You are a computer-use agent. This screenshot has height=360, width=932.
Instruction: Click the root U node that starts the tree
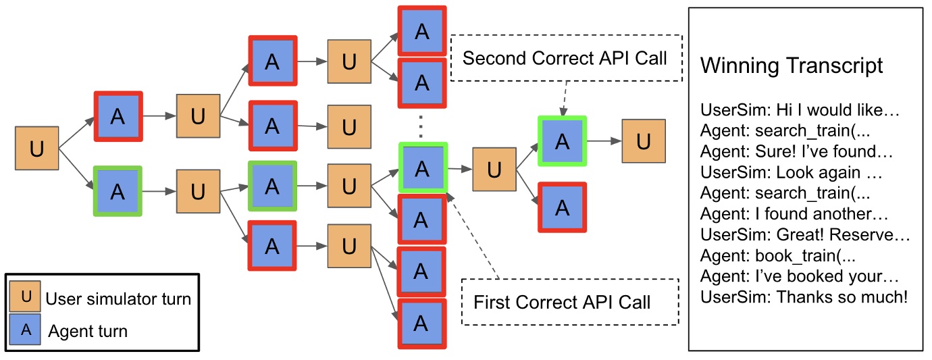point(36,148)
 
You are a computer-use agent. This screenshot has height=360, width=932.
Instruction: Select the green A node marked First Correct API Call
point(422,168)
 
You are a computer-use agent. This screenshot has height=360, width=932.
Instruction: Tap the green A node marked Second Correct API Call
point(562,141)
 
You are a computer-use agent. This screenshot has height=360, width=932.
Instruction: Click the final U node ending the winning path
point(643,141)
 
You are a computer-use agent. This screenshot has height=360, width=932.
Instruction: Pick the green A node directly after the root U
point(118,191)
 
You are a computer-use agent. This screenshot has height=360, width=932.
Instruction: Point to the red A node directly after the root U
point(118,116)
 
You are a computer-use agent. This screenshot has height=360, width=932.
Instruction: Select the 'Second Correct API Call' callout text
point(565,58)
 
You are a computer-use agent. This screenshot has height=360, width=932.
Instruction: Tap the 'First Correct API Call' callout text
point(562,302)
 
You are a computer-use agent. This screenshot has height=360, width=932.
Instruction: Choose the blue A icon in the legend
point(25,330)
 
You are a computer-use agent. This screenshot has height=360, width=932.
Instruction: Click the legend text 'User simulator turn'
point(118,299)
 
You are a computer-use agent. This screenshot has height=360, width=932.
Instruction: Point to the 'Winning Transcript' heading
point(792,66)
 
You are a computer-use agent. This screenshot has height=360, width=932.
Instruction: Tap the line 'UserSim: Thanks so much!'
point(804,297)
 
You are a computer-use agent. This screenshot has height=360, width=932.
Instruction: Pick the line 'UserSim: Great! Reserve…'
point(805,235)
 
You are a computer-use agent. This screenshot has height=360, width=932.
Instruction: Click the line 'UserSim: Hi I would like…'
point(800,109)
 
